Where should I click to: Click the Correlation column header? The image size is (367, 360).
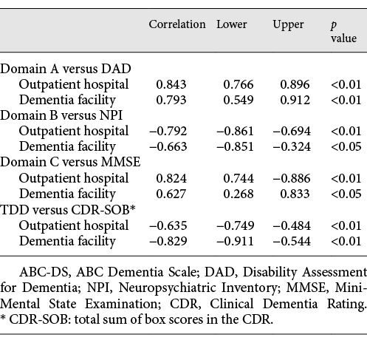pyautogui.click(x=177, y=24)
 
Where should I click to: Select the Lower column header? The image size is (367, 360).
pyautogui.click(x=232, y=24)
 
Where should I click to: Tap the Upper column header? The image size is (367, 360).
pyautogui.click(x=288, y=24)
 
